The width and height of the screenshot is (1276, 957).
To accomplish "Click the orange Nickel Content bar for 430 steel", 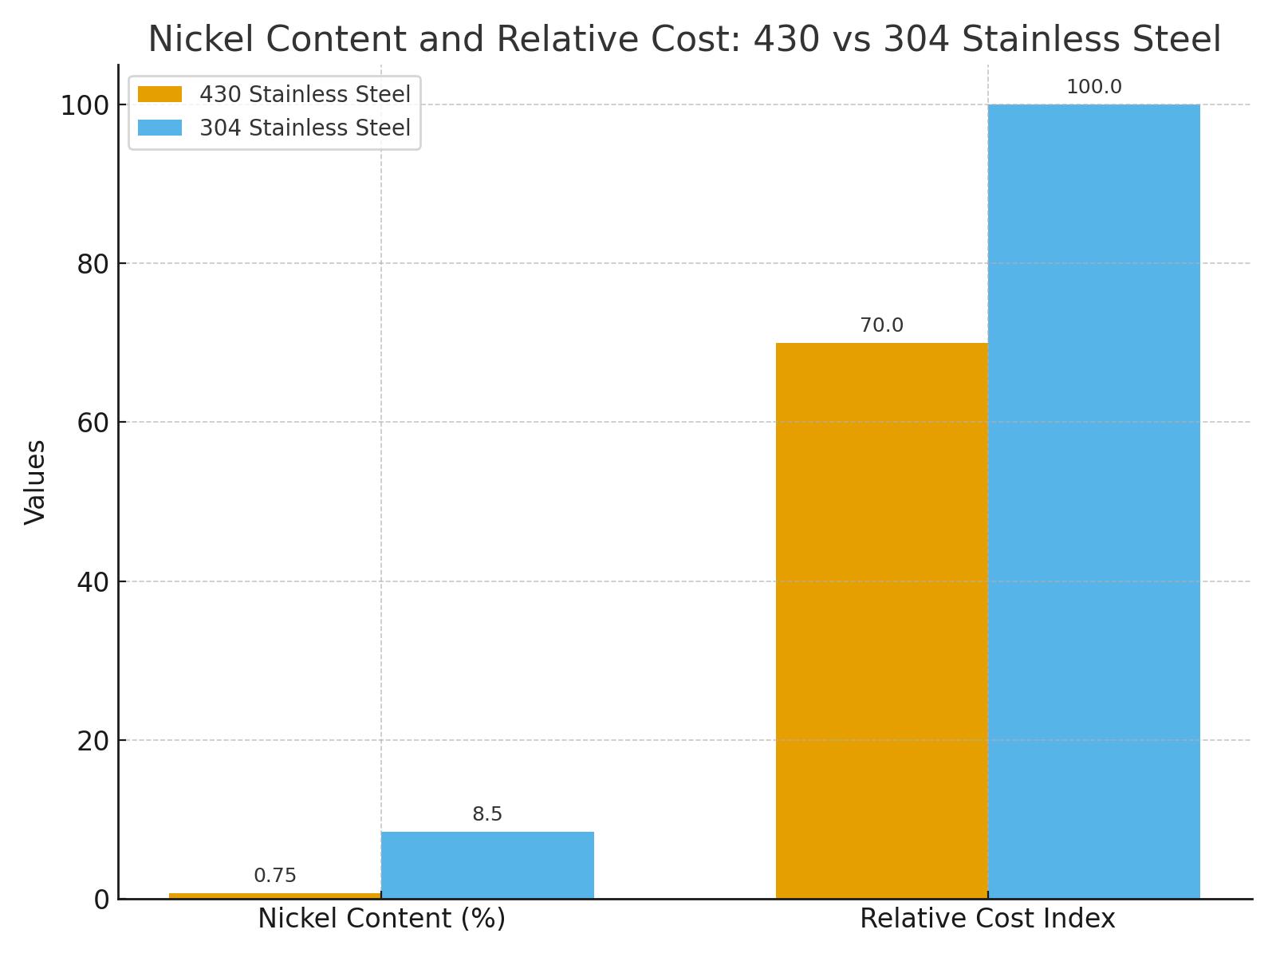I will pos(275,896).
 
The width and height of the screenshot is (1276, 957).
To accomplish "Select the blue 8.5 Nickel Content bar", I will pos(487,865).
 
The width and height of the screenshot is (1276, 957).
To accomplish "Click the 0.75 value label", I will pos(275,876).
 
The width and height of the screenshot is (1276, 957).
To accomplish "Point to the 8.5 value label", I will pos(487,814).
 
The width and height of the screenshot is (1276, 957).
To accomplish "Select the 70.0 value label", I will pos(881,325).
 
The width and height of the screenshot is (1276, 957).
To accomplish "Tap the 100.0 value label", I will pos(1093,87).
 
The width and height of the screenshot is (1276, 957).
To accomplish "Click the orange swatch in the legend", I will pos(159,94).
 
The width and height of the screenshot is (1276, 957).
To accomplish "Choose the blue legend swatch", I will pos(159,128).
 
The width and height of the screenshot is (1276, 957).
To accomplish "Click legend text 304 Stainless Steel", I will pos(305,128).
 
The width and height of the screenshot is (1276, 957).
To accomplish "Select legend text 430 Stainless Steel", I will pos(305,94).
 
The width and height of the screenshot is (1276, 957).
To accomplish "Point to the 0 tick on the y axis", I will pos(101,900).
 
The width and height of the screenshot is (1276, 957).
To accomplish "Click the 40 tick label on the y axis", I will pos(93,582).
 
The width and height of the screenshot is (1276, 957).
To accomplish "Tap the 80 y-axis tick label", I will pos(93,264).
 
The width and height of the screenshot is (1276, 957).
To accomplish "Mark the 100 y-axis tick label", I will pos(85,105).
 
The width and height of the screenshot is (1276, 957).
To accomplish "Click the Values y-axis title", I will pos(35,482).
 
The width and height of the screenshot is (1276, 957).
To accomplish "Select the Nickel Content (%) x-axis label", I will pos(381,919).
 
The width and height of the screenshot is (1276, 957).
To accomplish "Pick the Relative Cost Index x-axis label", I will pos(987,919).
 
